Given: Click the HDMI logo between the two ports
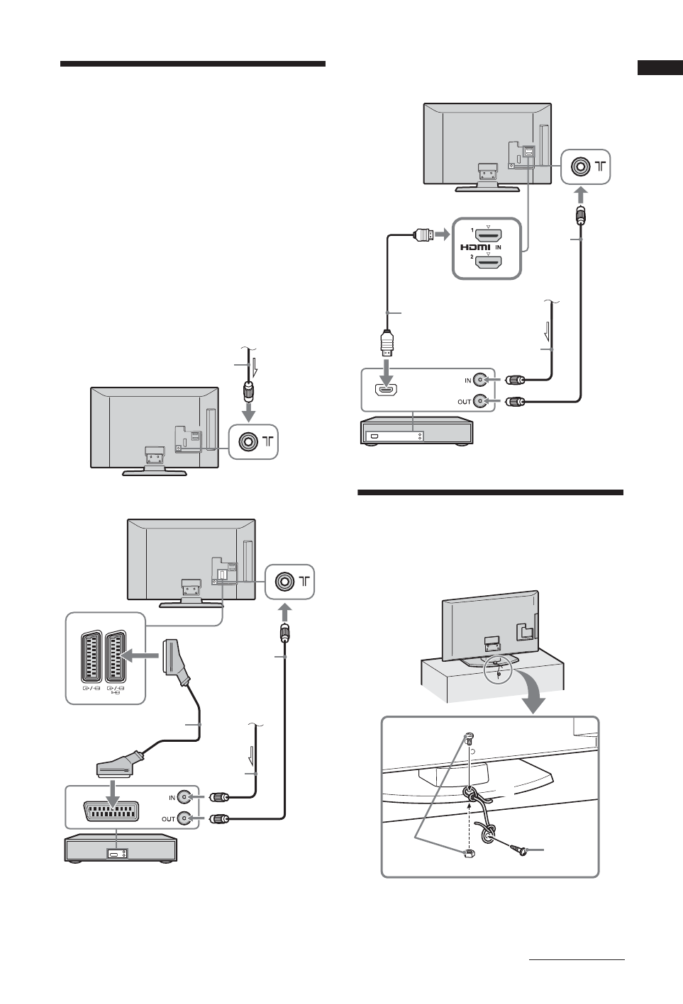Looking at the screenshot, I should click(475, 247).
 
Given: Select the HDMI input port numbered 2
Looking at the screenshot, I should click(488, 263).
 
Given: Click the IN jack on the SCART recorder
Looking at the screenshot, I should click(185, 796).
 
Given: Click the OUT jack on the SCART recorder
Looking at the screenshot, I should click(185, 818).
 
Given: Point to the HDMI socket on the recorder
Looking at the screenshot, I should click(387, 390).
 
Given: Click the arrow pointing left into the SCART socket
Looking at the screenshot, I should click(145, 656).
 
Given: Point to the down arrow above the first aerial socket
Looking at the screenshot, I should click(248, 412).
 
